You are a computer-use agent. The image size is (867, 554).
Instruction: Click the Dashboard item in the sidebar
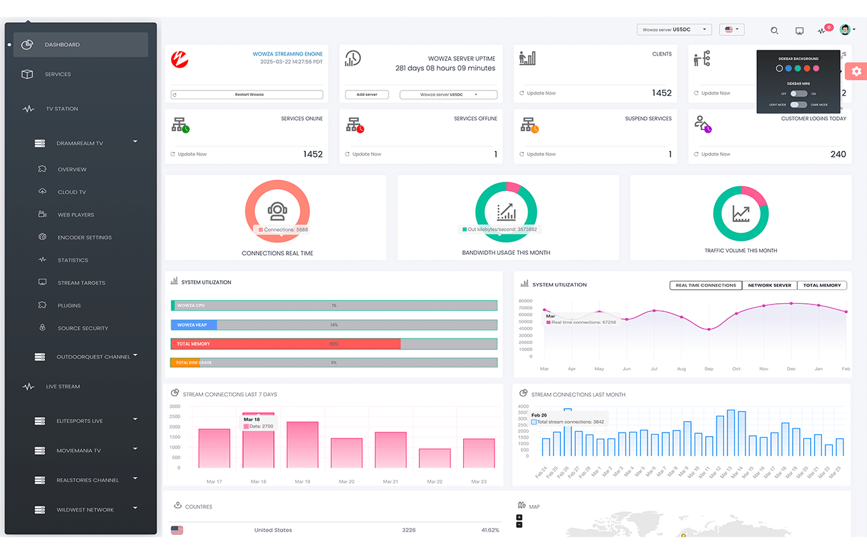pos(62,45)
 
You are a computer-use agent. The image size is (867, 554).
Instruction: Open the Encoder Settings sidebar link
pos(85,237)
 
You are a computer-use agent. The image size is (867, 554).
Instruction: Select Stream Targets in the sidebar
pos(81,283)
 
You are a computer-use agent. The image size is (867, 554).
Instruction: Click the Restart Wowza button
pos(247,95)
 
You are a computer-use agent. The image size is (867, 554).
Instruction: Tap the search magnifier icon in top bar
pos(774,31)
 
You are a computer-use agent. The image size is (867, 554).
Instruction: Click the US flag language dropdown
pos(731,30)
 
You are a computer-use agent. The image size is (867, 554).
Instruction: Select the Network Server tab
pos(769,285)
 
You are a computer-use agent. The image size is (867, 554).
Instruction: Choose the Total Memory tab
pos(821,285)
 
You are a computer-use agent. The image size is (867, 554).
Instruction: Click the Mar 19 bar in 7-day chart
pos(303,445)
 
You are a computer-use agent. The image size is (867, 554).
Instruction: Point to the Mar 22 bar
pos(435,458)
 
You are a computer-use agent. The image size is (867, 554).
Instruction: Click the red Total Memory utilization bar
pos(286,343)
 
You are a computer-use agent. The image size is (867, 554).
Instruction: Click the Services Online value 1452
pos(313,154)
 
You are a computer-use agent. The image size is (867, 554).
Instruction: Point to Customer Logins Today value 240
pos(838,154)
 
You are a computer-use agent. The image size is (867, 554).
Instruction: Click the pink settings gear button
pos(856,71)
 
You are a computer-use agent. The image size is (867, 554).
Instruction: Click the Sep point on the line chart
pos(709,329)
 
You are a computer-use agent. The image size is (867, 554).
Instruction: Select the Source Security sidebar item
pos(83,329)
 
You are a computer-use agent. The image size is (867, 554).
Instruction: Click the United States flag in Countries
pos(177,530)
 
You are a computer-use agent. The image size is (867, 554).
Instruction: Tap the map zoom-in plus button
pos(519,517)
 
